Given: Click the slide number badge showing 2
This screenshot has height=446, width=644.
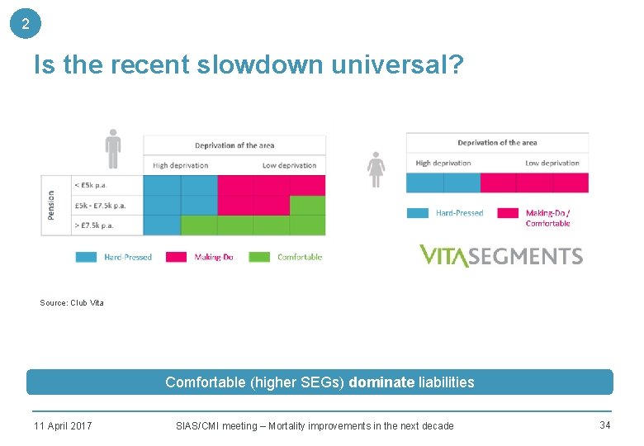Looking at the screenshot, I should pyautogui.click(x=26, y=24).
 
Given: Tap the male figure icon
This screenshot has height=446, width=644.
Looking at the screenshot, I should pyautogui.click(x=113, y=149).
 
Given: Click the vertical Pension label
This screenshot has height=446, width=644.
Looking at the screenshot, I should pyautogui.click(x=51, y=205).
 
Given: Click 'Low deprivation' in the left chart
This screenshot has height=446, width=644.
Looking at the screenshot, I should pyautogui.click(x=289, y=165).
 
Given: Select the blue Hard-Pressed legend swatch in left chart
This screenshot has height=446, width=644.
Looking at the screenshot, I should pyautogui.click(x=87, y=257).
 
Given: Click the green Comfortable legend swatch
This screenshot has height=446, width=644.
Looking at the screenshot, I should pyautogui.click(x=259, y=257).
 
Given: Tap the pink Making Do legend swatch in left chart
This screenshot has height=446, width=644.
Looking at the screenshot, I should pyautogui.click(x=177, y=257).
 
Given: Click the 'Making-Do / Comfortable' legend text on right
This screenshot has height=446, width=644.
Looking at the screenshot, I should pyautogui.click(x=547, y=218).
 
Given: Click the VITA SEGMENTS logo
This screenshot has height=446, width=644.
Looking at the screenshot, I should pyautogui.click(x=500, y=256).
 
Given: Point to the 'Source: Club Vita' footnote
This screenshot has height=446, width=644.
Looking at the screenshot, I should pyautogui.click(x=72, y=303).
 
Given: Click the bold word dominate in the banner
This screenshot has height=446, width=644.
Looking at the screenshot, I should pyautogui.click(x=381, y=382).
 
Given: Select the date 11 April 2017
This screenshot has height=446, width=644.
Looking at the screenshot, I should pyautogui.click(x=63, y=426).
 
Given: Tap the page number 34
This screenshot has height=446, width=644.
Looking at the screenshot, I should pyautogui.click(x=604, y=425).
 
